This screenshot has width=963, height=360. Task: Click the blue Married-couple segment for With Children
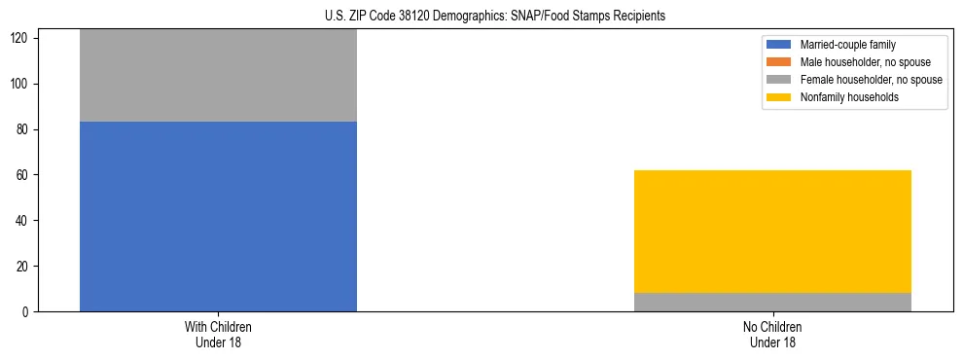(x=218, y=216)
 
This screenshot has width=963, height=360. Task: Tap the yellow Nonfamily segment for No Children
(x=772, y=232)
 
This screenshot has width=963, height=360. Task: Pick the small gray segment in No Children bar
(x=772, y=302)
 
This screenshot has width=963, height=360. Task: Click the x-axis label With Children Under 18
(x=218, y=335)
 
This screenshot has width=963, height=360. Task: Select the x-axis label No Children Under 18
(x=772, y=335)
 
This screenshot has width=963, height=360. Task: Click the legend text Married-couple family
(x=848, y=45)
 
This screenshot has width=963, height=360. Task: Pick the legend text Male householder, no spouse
(x=865, y=62)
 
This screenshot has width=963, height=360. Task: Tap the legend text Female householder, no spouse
(x=871, y=80)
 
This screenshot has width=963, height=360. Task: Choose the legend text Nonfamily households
(x=849, y=97)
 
